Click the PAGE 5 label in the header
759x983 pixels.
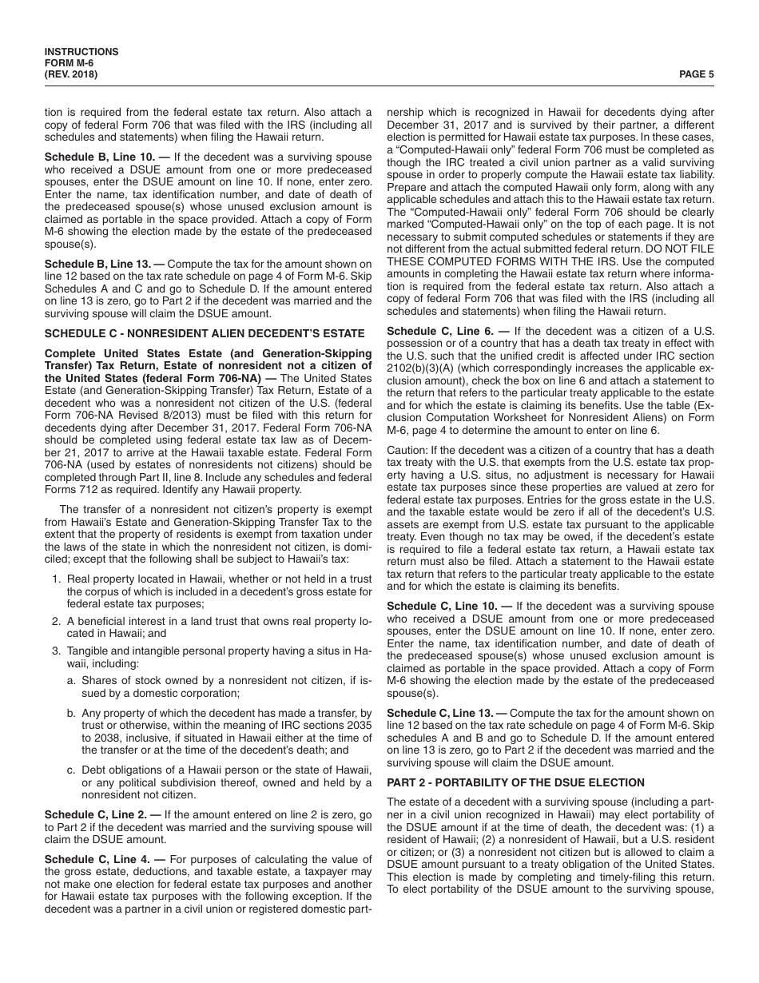[696, 74]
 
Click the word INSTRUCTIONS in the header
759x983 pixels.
[81, 52]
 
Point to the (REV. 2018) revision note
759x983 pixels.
[71, 74]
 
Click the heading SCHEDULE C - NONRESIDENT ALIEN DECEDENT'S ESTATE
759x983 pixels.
[204, 333]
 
